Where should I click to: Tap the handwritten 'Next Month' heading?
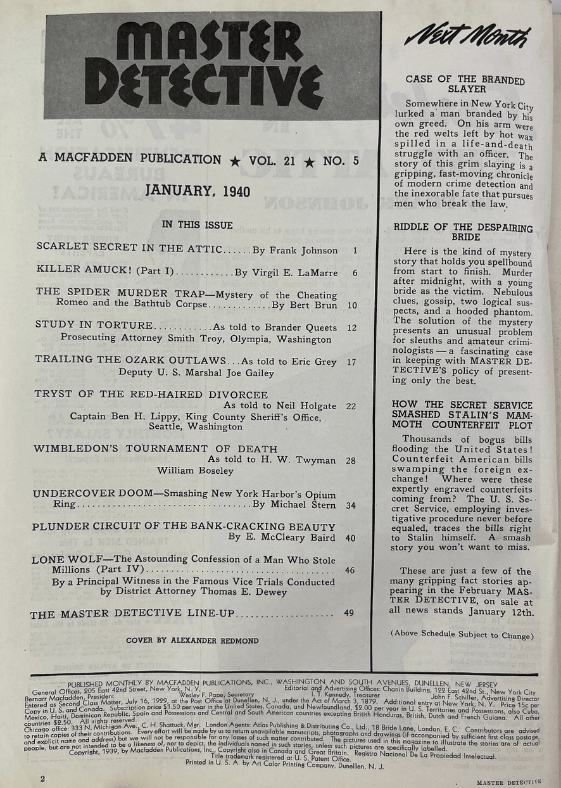(467, 39)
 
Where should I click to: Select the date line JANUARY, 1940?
(198, 192)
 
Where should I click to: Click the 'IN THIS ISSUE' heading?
(198, 225)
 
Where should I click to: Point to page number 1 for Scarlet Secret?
(356, 250)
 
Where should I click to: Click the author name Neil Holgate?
(305, 405)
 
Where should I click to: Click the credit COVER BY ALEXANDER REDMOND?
(192, 640)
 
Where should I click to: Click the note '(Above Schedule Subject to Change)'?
(462, 635)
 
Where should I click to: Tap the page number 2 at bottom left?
(43, 778)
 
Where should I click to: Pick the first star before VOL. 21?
(236, 162)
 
